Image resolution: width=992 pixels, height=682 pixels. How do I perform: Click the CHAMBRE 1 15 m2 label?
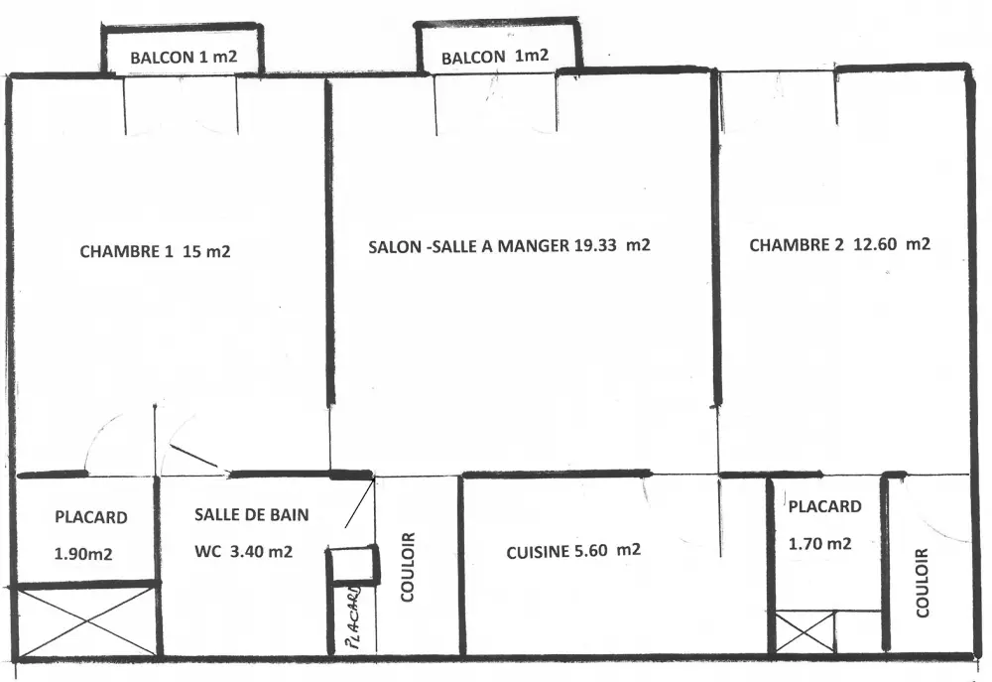click(x=155, y=251)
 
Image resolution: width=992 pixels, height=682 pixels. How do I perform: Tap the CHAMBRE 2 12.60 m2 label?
click(x=839, y=244)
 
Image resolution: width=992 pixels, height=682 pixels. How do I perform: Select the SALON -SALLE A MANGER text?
click(x=469, y=245)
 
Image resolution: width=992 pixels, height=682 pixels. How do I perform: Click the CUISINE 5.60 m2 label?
click(x=573, y=551)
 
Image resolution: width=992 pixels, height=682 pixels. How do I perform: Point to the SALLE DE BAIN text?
click(x=252, y=514)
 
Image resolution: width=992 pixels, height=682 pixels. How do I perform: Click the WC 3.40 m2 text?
click(x=244, y=552)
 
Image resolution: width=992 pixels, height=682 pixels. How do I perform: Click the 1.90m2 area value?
click(x=83, y=554)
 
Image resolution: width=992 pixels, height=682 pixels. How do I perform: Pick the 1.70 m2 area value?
click(x=820, y=543)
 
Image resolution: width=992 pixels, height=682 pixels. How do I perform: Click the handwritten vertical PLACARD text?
click(x=353, y=618)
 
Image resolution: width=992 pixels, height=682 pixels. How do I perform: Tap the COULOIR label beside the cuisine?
click(x=408, y=568)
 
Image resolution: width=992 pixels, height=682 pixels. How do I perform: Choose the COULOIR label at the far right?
click(x=922, y=583)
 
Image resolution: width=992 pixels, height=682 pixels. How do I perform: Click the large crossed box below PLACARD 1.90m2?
click(x=86, y=621)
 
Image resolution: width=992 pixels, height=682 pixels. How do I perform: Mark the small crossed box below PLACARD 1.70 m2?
click(x=805, y=631)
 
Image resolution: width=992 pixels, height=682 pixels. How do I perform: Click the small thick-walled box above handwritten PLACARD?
click(x=353, y=564)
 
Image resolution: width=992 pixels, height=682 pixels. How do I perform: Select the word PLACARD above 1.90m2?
click(x=91, y=517)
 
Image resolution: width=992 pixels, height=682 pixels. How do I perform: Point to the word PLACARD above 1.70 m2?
click(x=824, y=506)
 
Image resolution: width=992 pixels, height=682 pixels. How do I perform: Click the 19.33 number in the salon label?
click(x=595, y=245)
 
